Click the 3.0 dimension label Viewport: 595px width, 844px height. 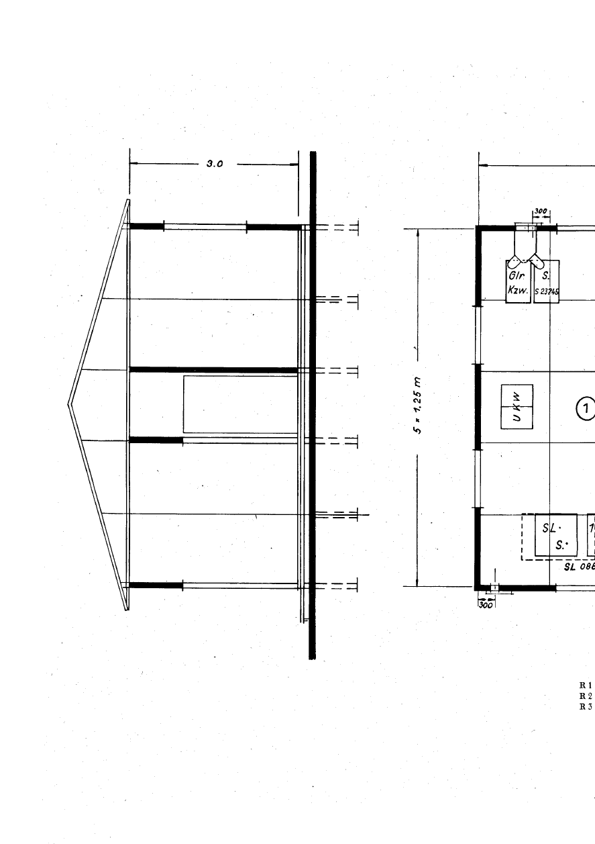coord(214,163)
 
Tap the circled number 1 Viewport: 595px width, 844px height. coord(586,408)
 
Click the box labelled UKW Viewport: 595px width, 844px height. coord(517,407)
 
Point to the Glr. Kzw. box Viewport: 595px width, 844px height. coord(518,282)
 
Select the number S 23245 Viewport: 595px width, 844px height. coord(547,291)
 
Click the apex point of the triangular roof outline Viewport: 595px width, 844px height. coord(69,404)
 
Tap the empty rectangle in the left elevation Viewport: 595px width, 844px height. coord(240,404)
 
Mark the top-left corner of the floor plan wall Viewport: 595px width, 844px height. coord(478,228)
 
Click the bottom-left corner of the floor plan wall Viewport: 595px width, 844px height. coord(478,588)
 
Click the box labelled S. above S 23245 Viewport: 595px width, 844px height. coord(547,275)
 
